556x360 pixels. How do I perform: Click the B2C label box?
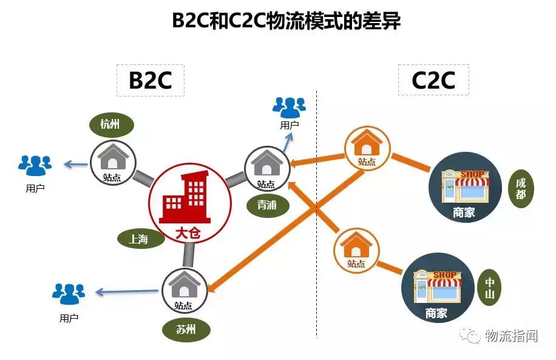tap(150, 80)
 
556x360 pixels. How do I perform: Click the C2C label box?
tap(433, 80)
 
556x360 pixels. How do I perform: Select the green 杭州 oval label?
tap(110, 125)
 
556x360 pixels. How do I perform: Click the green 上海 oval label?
tap(138, 239)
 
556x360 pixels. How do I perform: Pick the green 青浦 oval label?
tap(267, 205)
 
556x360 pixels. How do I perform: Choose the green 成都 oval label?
tap(521, 189)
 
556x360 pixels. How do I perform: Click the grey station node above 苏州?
tap(183, 290)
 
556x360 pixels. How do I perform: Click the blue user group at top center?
tap(289, 108)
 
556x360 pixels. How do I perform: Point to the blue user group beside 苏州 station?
tap(69, 294)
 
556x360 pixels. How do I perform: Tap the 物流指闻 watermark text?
tap(512, 335)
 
